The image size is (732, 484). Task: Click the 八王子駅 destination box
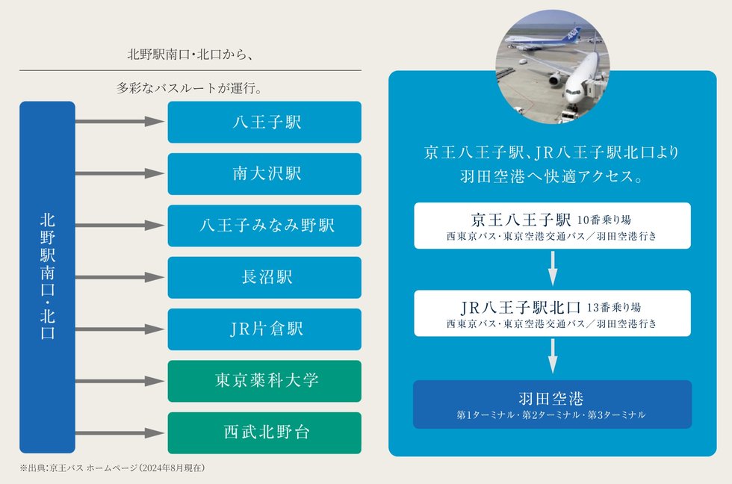click(264, 122)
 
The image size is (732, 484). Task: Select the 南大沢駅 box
click(264, 174)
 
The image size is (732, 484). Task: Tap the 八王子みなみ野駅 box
click(264, 226)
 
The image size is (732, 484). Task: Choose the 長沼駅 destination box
click(264, 277)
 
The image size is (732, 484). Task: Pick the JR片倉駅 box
click(264, 329)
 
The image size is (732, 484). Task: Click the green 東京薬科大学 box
click(264, 381)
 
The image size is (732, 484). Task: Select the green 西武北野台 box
click(264, 432)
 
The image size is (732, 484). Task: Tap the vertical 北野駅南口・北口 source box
click(47, 277)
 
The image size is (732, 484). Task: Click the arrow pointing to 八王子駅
click(120, 122)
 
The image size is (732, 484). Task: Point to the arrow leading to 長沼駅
click(120, 277)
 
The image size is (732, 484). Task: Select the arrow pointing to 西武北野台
click(120, 432)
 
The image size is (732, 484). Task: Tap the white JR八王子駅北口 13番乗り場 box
click(552, 313)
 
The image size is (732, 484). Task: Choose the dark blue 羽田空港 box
click(552, 404)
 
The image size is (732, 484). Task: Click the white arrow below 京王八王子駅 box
click(552, 269)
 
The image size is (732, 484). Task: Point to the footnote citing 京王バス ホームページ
click(112, 468)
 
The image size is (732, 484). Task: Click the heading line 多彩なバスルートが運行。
click(190, 87)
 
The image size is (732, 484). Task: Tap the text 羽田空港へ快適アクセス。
click(551, 179)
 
